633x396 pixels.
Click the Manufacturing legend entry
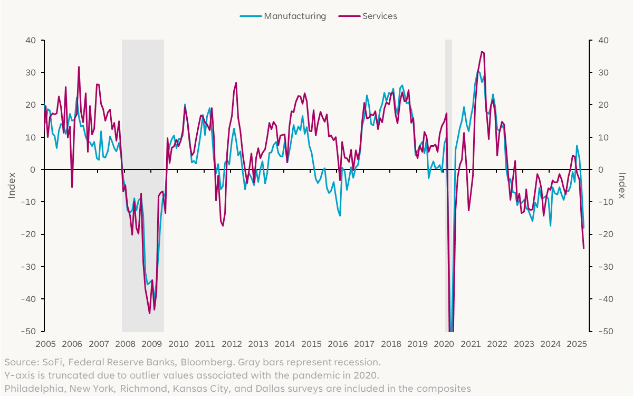(x=295, y=16)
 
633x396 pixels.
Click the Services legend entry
(x=379, y=16)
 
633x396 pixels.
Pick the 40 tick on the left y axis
(x=31, y=40)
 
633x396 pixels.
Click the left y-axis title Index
(x=12, y=186)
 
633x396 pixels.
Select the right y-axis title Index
(x=621, y=186)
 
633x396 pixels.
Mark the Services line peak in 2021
(x=482, y=52)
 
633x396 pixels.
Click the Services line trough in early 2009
(x=149, y=313)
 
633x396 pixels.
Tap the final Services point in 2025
(x=583, y=248)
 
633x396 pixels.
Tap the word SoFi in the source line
(x=51, y=363)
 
